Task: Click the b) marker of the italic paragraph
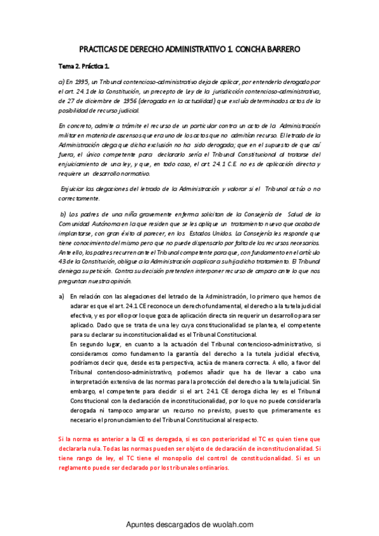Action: coord(63,214)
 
